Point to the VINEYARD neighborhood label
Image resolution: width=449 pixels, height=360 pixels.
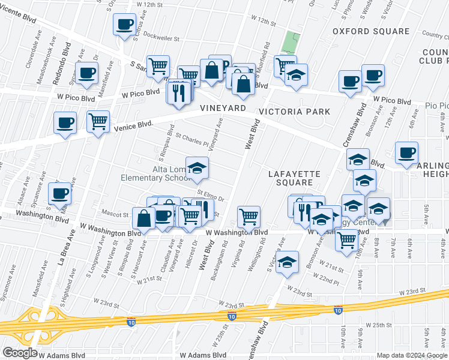pyautogui.click(x=223, y=108)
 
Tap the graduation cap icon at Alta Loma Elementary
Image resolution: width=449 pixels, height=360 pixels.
pyautogui.click(x=196, y=169)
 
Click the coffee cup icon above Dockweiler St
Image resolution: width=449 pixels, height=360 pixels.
pyautogui.click(x=124, y=25)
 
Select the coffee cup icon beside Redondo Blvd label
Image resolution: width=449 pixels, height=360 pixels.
pyautogui.click(x=86, y=73)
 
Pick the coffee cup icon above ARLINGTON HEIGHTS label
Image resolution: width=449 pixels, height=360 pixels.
pyautogui.click(x=407, y=152)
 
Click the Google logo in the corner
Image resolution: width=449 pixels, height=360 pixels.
pyautogui.click(x=20, y=353)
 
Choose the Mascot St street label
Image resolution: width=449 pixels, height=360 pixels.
pyautogui.click(x=116, y=213)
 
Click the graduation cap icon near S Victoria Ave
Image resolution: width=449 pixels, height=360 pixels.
pyautogui.click(x=288, y=262)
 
